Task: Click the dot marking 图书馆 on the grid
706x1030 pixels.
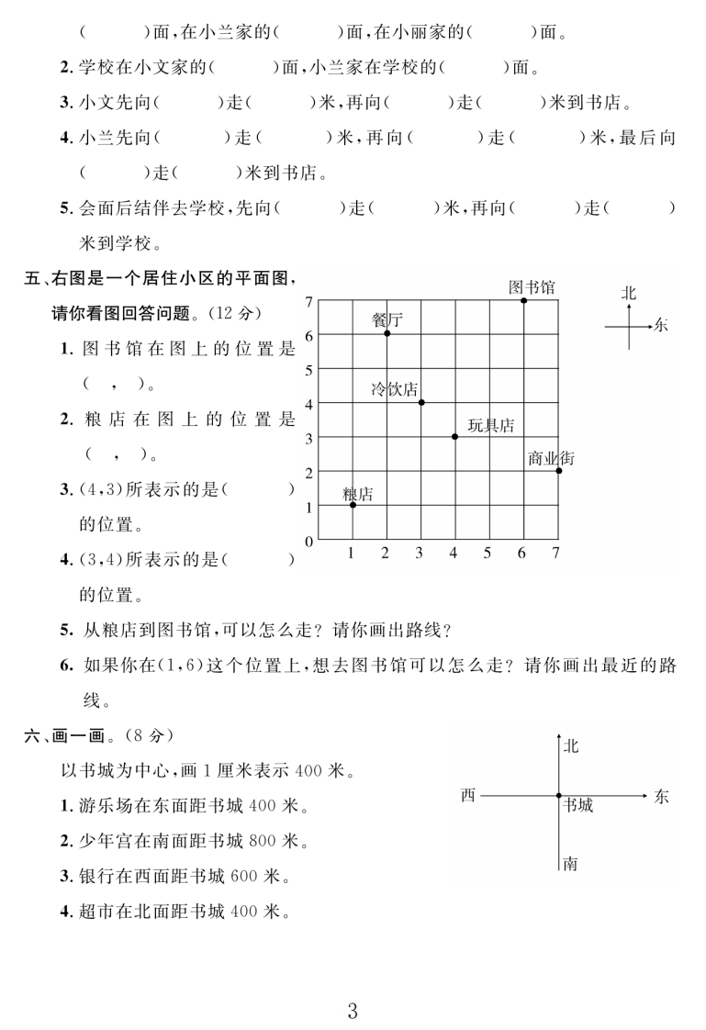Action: click(x=523, y=300)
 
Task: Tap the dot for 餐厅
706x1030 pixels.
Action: click(x=387, y=333)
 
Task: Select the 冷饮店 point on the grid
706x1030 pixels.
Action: click(x=421, y=402)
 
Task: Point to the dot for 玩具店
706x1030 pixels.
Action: click(x=454, y=436)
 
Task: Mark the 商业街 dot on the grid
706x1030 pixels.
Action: click(x=558, y=470)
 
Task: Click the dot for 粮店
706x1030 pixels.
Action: click(x=353, y=504)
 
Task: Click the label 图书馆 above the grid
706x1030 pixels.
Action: click(x=532, y=286)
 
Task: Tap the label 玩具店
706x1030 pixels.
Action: click(x=490, y=425)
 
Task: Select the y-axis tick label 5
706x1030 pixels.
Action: click(x=309, y=369)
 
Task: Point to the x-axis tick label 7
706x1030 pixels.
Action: click(x=555, y=553)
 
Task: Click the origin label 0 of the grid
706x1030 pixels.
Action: click(x=309, y=541)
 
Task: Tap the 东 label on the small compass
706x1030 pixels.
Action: click(x=663, y=325)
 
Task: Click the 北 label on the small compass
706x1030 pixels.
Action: click(x=629, y=293)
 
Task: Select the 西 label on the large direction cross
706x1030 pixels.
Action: click(x=468, y=796)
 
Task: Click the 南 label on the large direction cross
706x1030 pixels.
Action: click(x=570, y=863)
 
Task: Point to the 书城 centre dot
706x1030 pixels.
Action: click(x=558, y=796)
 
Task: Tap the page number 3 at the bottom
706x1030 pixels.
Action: click(x=353, y=986)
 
